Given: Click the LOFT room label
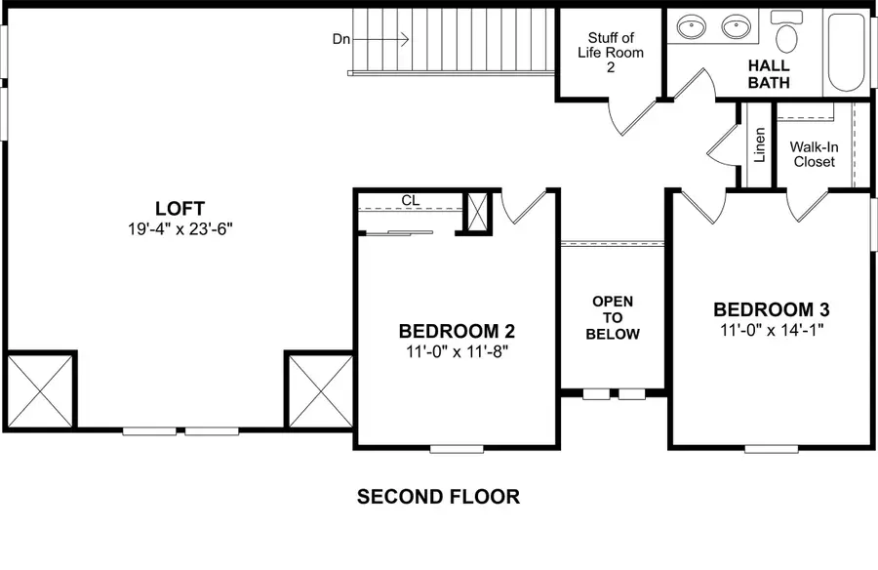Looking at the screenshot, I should pyautogui.click(x=180, y=208).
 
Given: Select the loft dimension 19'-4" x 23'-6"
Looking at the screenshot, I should pyautogui.click(x=180, y=229).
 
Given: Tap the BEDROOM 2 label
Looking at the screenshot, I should pyautogui.click(x=457, y=330).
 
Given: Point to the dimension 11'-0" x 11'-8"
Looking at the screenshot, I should pyautogui.click(x=457, y=351).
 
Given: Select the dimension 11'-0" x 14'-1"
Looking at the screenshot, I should pyautogui.click(x=772, y=331).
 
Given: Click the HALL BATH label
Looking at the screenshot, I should pyautogui.click(x=769, y=74).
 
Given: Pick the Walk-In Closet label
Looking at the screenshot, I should pyautogui.click(x=814, y=153).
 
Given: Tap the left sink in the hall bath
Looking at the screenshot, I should pyautogui.click(x=694, y=26).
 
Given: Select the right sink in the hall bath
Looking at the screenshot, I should pyautogui.click(x=738, y=26).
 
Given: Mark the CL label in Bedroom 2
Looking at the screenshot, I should pyautogui.click(x=411, y=201).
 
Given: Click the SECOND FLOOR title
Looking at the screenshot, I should pyautogui.click(x=438, y=497).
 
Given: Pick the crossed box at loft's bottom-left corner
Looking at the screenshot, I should pyautogui.click(x=40, y=387).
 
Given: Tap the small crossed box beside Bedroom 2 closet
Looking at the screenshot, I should pyautogui.click(x=478, y=212).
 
